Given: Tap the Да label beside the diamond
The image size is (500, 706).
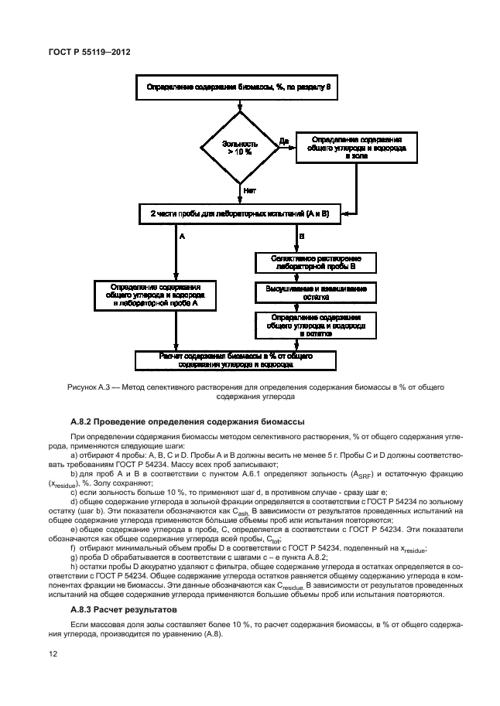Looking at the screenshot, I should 283,142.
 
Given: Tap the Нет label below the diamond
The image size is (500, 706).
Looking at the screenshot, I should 249,189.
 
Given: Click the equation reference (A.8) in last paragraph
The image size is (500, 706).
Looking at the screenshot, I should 211,635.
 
